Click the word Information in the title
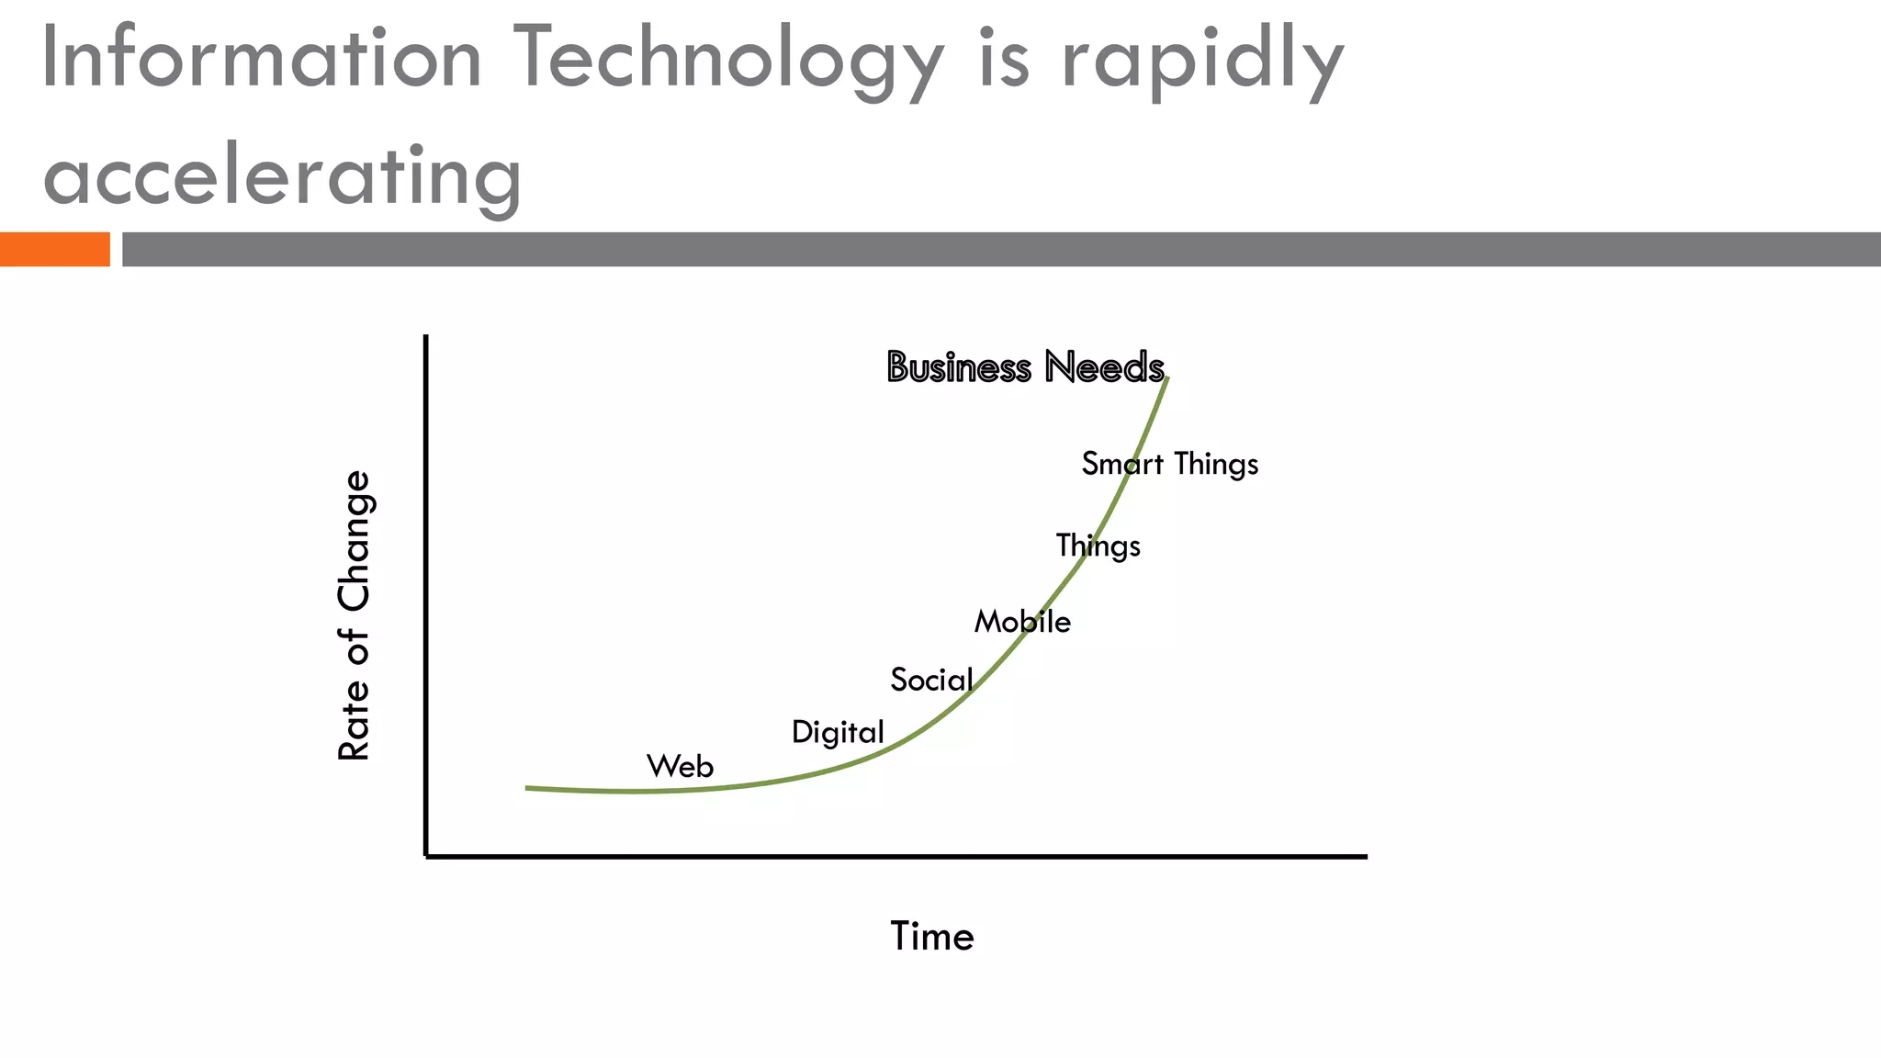pyautogui.click(x=262, y=58)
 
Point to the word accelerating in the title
pyautogui.click(x=282, y=175)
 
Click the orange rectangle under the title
pyautogui.click(x=54, y=249)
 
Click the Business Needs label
pyautogui.click(x=1025, y=367)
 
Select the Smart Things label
pyautogui.click(x=1169, y=464)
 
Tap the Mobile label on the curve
pyautogui.click(x=1022, y=622)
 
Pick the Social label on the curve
pyautogui.click(x=931, y=680)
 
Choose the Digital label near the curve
pyautogui.click(x=838, y=732)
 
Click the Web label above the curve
pyautogui.click(x=680, y=766)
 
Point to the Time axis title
pyautogui.click(x=931, y=937)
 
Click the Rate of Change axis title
pyautogui.click(x=354, y=615)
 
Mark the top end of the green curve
pyautogui.click(x=1166, y=378)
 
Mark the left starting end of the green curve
pyautogui.click(x=527, y=788)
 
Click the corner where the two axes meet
pyautogui.click(x=426, y=856)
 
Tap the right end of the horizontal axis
pyautogui.click(x=1365, y=856)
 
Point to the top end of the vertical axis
pyautogui.click(x=426, y=337)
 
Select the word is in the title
pyautogui.click(x=1003, y=58)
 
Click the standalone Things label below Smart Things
pyautogui.click(x=1098, y=546)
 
